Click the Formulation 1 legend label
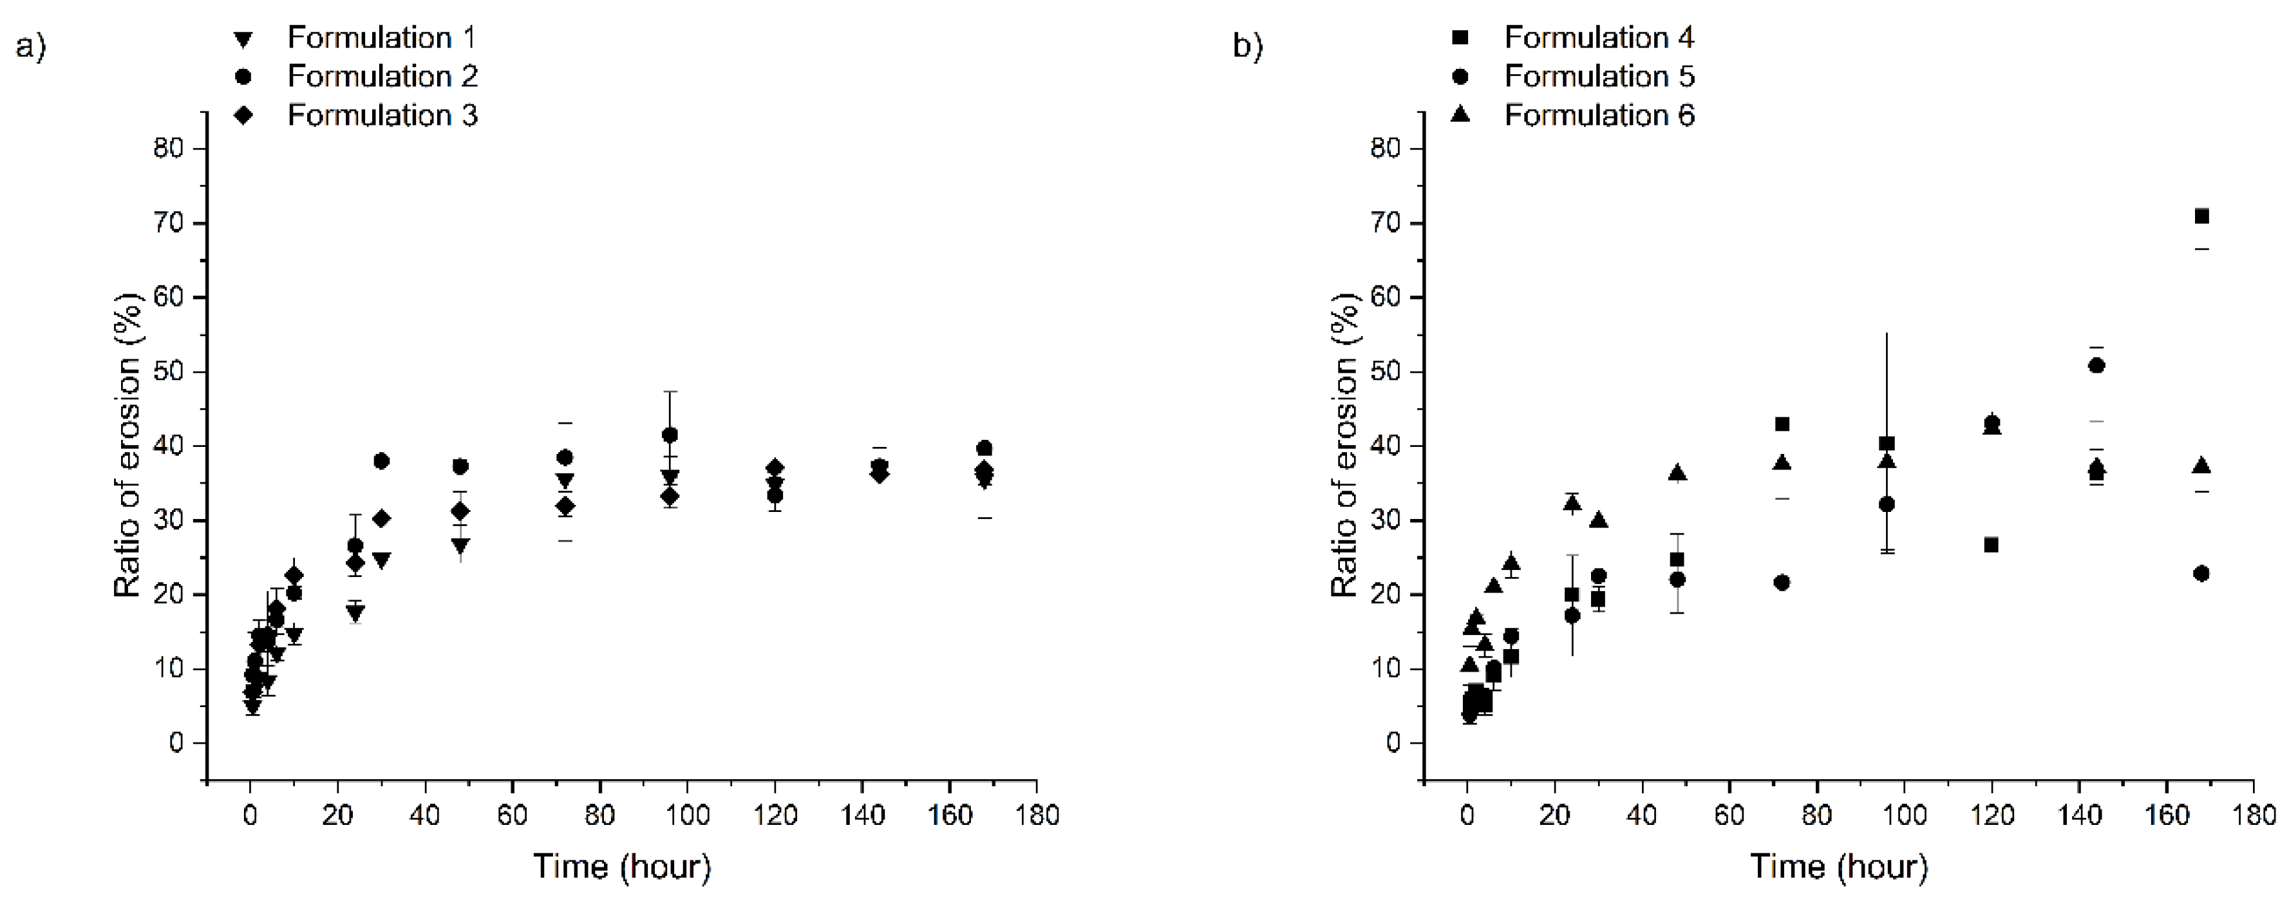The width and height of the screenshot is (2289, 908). pyautogui.click(x=381, y=37)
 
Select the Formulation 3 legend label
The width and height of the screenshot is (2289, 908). pyautogui.click(x=382, y=115)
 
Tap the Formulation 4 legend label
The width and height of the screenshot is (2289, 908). pyautogui.click(x=1599, y=37)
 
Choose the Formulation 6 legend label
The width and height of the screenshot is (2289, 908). pyautogui.click(x=1599, y=115)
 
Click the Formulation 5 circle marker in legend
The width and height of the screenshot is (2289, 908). pyautogui.click(x=1459, y=77)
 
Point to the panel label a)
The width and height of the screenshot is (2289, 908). pyautogui.click(x=30, y=45)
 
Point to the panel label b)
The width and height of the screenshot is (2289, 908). pyautogui.click(x=1247, y=45)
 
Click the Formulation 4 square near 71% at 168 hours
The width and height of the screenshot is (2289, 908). pyautogui.click(x=2201, y=216)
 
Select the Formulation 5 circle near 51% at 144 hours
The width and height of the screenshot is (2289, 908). pyautogui.click(x=2096, y=365)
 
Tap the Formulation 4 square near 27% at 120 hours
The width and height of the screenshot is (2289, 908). pyautogui.click(x=1992, y=545)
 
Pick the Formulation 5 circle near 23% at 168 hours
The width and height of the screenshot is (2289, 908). pyautogui.click(x=2201, y=573)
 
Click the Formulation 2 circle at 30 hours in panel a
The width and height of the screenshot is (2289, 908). pyautogui.click(x=381, y=460)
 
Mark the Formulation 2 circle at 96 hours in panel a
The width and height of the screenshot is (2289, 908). pyautogui.click(x=670, y=435)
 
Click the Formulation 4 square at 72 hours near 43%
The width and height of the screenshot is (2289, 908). pyautogui.click(x=1782, y=424)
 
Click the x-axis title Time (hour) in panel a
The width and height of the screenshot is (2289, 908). pyautogui.click(x=622, y=866)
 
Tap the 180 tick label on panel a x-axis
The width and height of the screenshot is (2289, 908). pyautogui.click(x=1036, y=815)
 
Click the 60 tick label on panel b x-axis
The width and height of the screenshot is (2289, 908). pyautogui.click(x=1729, y=815)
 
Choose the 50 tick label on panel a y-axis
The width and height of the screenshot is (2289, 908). pyautogui.click(x=168, y=372)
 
